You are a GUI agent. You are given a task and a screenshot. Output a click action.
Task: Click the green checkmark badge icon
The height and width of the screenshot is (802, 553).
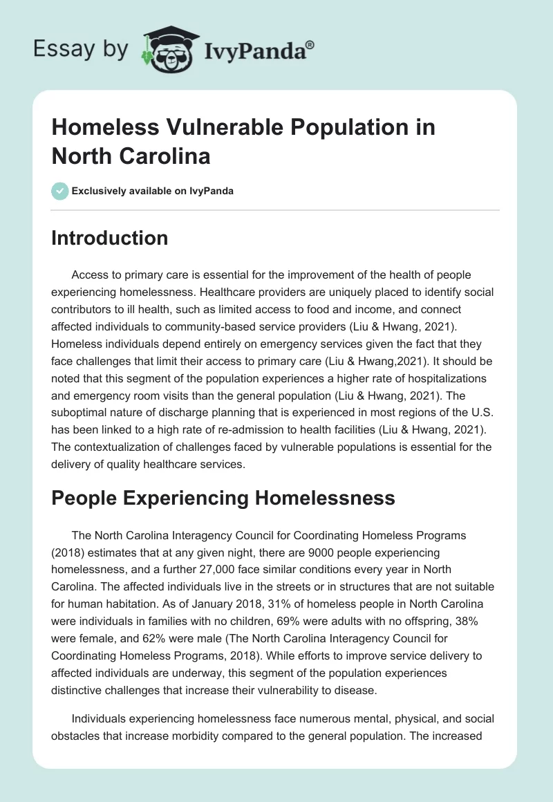(60, 191)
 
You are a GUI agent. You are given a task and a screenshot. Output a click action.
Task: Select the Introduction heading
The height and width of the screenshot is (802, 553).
(110, 238)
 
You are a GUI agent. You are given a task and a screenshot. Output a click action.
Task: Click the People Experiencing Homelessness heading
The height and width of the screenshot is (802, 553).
(223, 498)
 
